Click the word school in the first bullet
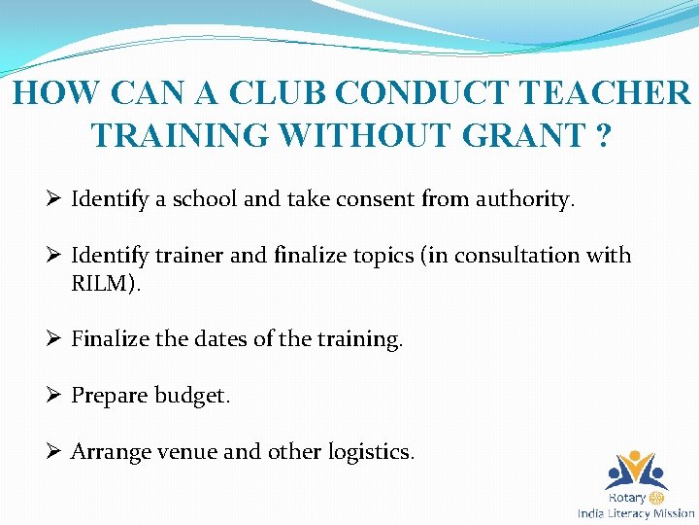click(205, 200)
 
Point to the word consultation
click(519, 256)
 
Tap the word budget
click(192, 396)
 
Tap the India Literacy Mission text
click(636, 513)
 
